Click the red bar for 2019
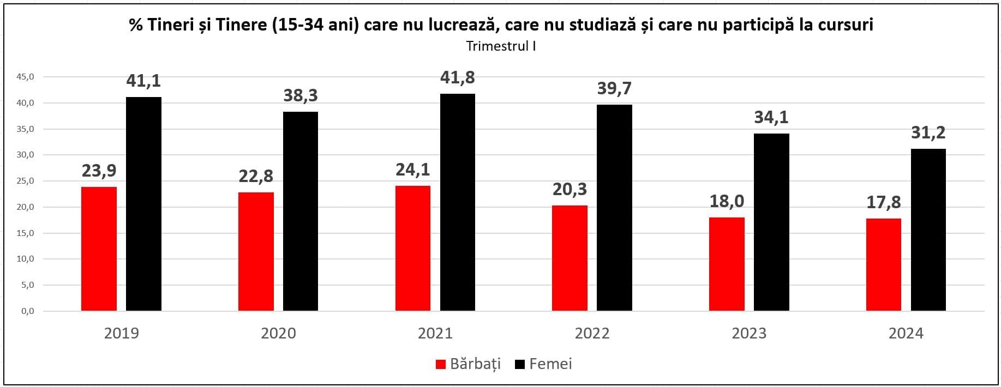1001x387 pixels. click(x=99, y=249)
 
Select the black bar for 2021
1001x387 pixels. click(x=457, y=202)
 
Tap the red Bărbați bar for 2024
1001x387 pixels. click(x=883, y=264)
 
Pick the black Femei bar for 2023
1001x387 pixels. click(x=771, y=222)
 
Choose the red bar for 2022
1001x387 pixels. click(x=570, y=258)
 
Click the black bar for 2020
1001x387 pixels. click(x=300, y=211)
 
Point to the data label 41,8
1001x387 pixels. click(x=457, y=78)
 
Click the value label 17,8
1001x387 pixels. click(x=883, y=203)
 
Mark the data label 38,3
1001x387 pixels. click(x=300, y=96)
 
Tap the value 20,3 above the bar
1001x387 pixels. click(x=570, y=189)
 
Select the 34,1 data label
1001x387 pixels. click(x=771, y=117)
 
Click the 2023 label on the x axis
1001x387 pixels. click(x=748, y=333)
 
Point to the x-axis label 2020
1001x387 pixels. click(x=278, y=333)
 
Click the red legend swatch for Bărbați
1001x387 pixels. click(x=441, y=364)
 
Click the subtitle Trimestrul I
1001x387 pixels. click(x=501, y=46)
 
